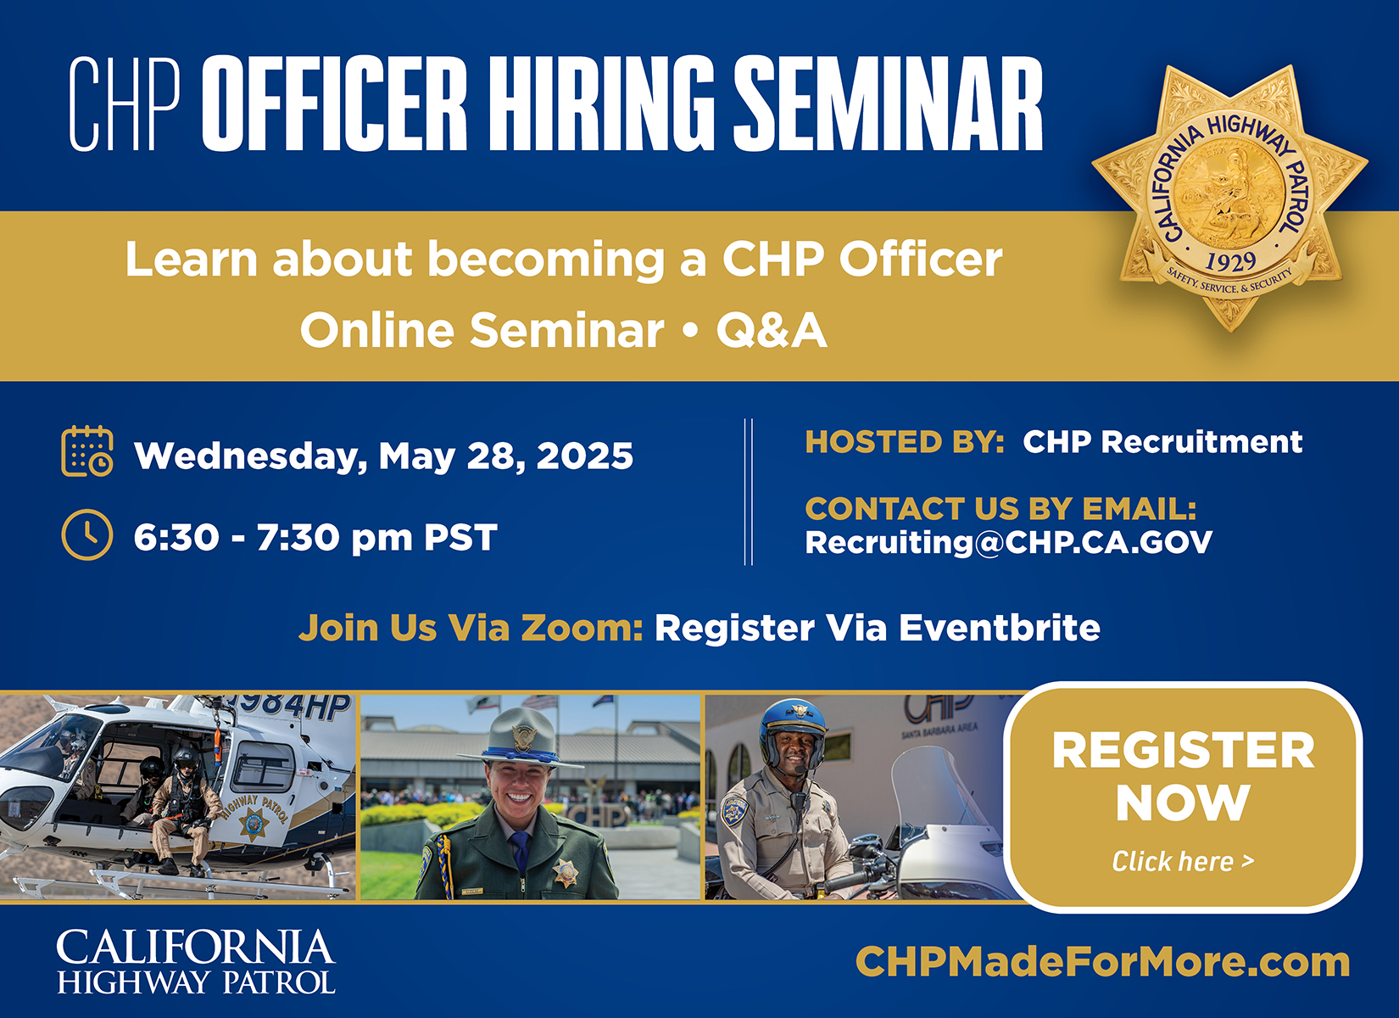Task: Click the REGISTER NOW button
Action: coord(1183,797)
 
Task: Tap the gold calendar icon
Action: coord(87,451)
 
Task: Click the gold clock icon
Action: coord(87,535)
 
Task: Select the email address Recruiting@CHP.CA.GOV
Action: coord(1009,542)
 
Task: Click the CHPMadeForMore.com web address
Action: coord(1102,962)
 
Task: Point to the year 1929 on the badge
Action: coord(1229,262)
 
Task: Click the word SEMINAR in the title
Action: coord(888,103)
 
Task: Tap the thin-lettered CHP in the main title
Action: coord(125,103)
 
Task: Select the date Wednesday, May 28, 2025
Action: coord(383,456)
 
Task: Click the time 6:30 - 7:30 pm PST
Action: coord(315,537)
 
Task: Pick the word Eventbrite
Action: coord(1000,628)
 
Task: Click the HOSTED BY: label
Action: coord(905,442)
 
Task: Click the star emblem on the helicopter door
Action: coord(253,823)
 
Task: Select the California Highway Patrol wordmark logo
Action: coord(196,962)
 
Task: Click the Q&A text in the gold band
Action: coord(772,331)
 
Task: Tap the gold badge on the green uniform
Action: coord(566,872)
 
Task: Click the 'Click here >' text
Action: coord(1183,862)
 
